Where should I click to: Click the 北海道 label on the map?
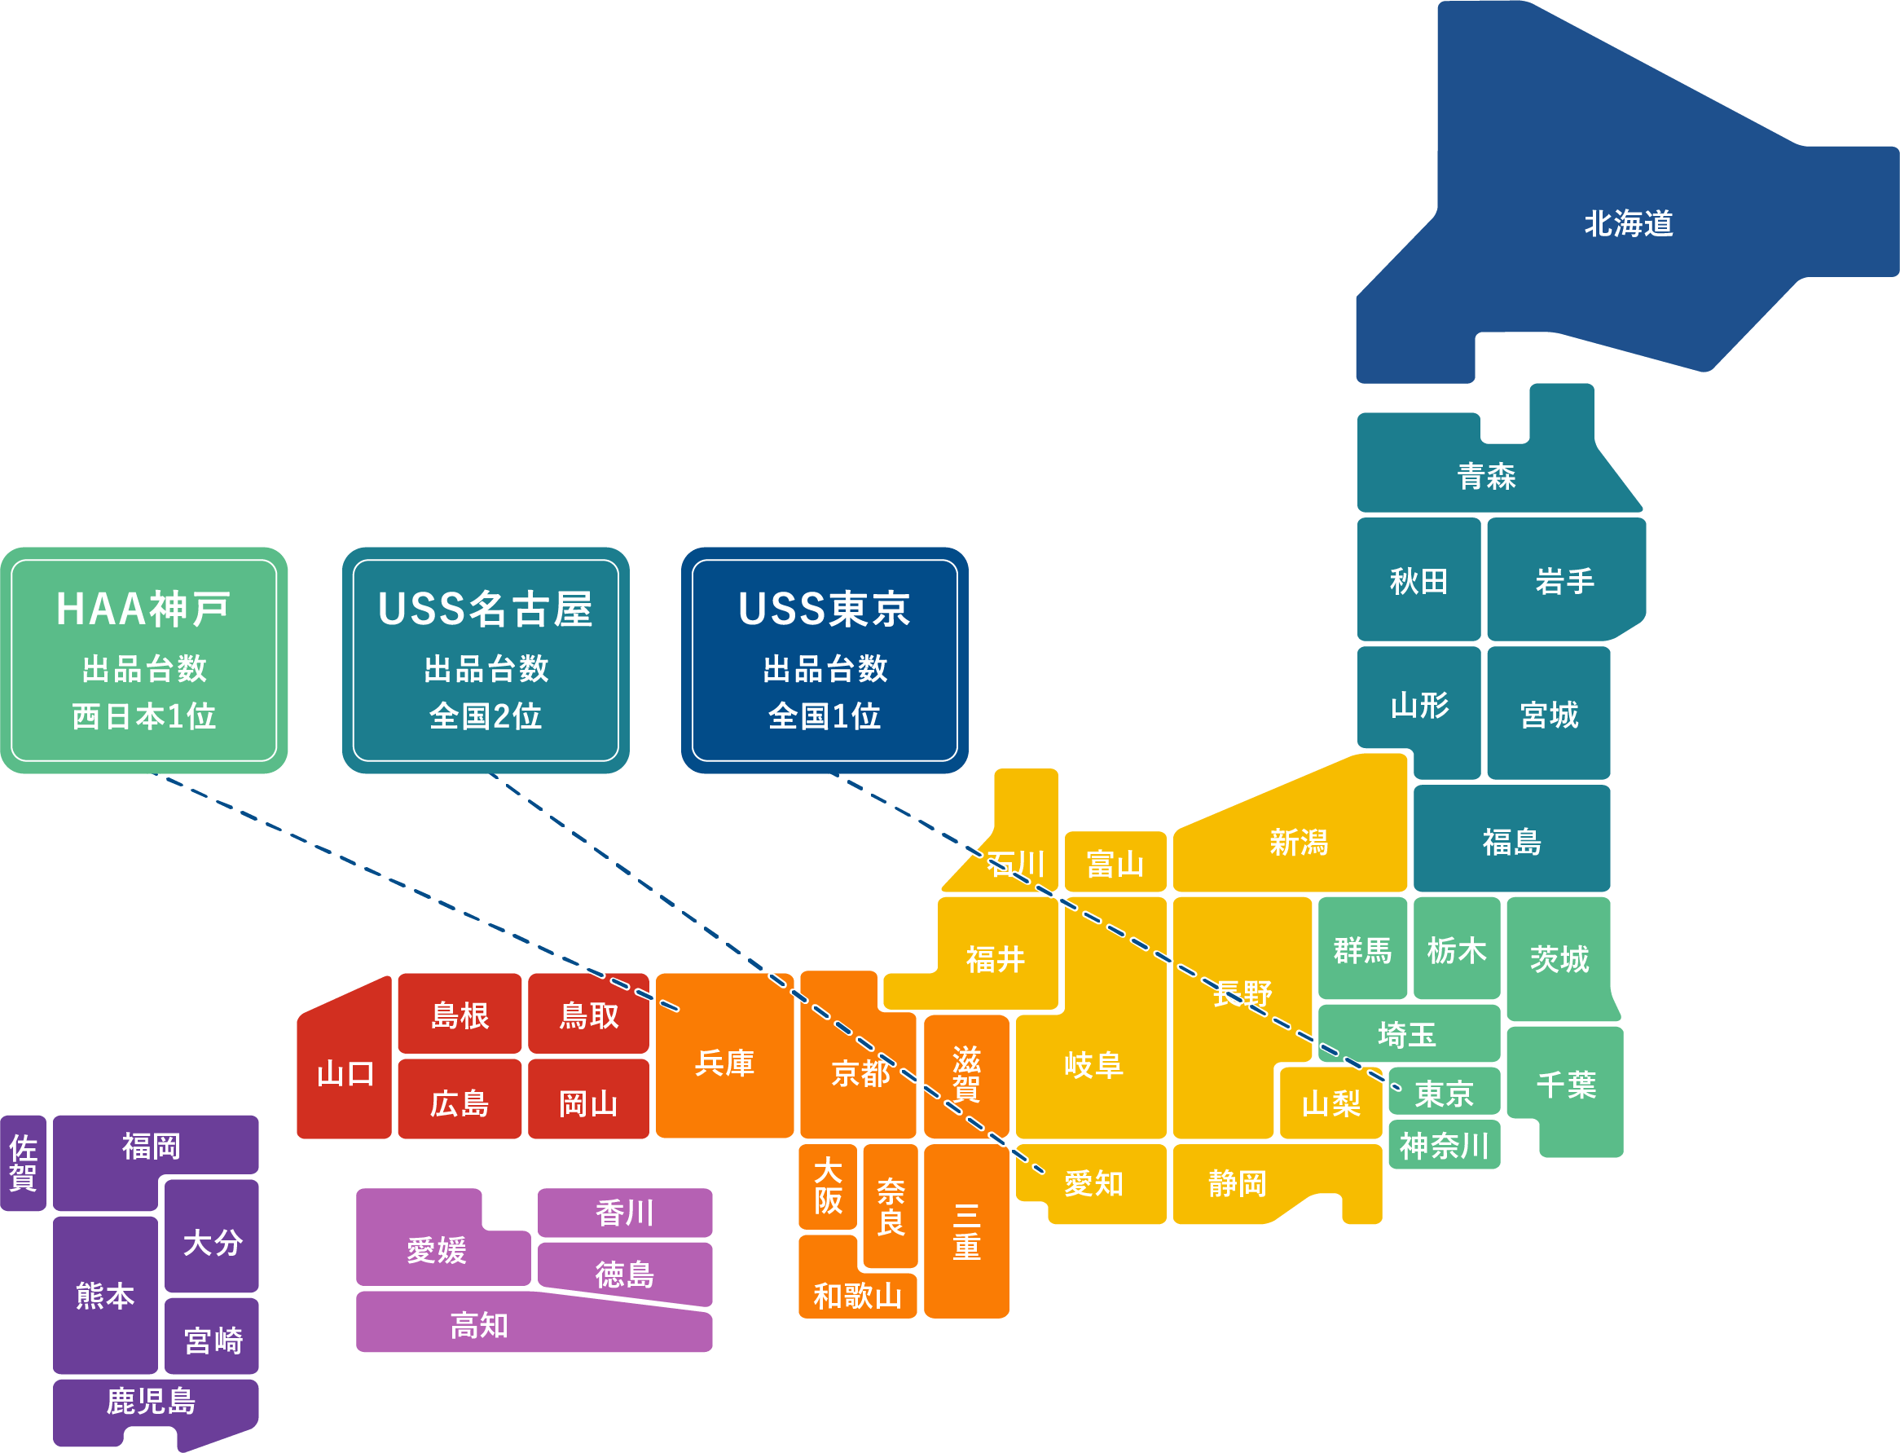(x=1628, y=224)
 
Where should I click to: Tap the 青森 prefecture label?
(x=1486, y=477)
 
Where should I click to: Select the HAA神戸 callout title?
(x=143, y=609)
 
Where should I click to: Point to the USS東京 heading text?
(x=825, y=609)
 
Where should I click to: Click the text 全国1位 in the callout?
(x=825, y=716)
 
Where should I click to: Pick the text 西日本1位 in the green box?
(x=143, y=716)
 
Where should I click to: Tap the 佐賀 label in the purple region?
(x=24, y=1163)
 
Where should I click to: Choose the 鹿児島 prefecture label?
(x=151, y=1401)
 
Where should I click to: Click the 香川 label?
(x=624, y=1213)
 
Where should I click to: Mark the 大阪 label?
(x=828, y=1186)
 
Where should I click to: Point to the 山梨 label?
(x=1331, y=1103)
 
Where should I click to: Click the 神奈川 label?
(x=1444, y=1146)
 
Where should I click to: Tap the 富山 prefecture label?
(x=1115, y=863)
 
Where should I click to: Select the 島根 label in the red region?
(x=460, y=1015)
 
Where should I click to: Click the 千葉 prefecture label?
(x=1565, y=1085)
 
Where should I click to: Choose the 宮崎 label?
(x=213, y=1341)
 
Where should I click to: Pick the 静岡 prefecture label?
(x=1237, y=1183)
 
